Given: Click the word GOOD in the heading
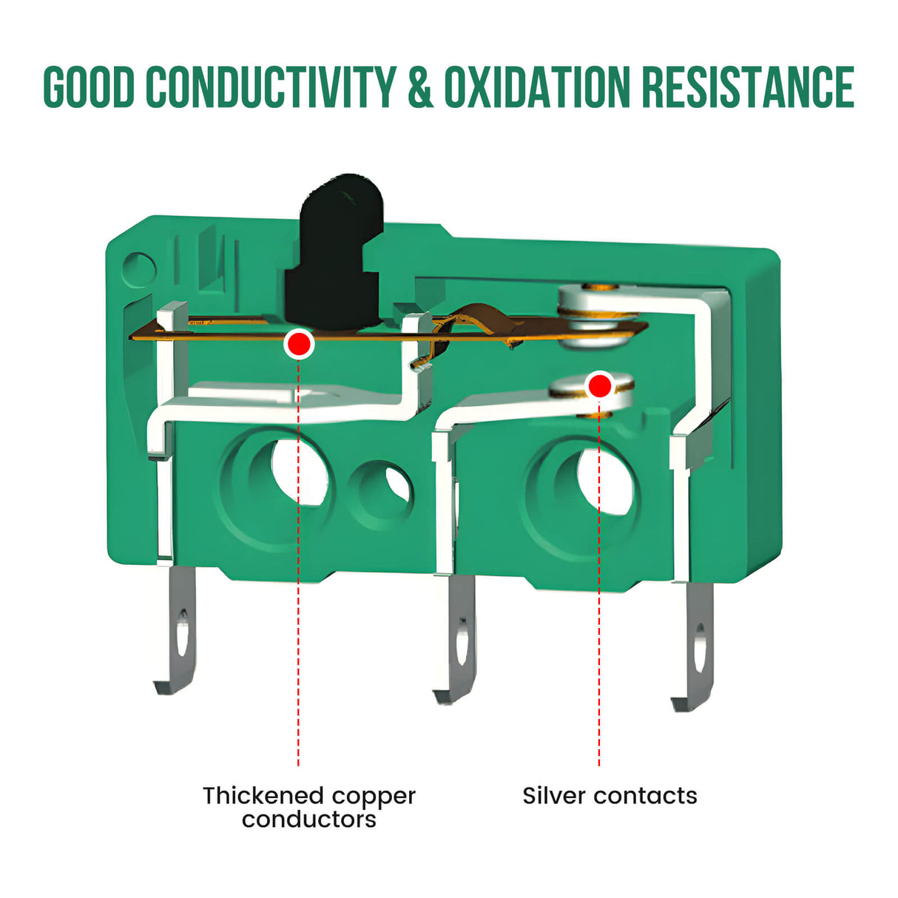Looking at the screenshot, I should pyautogui.click(x=89, y=87).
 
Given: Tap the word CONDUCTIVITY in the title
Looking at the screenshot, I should pyautogui.click(x=270, y=87).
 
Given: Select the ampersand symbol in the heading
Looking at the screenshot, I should pyautogui.click(x=419, y=87).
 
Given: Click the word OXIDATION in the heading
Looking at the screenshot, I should pyautogui.click(x=536, y=87).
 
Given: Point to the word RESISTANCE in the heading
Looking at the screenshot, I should pyautogui.click(x=747, y=87).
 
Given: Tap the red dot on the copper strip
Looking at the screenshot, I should pyautogui.click(x=299, y=344).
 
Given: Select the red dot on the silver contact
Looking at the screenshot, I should pyautogui.click(x=600, y=385).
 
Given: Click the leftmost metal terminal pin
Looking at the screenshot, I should pyautogui.click(x=178, y=629).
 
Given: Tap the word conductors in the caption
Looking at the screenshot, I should pyautogui.click(x=308, y=820).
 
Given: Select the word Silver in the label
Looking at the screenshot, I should pyautogui.click(x=554, y=796).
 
